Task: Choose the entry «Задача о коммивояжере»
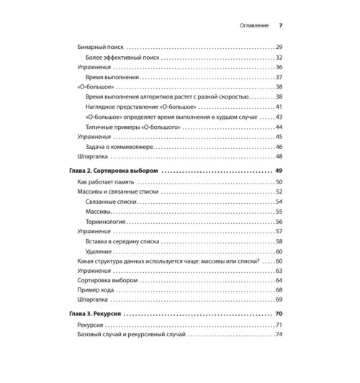coord(122,145)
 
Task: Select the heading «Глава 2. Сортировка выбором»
coord(114,171)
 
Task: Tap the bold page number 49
coord(279,171)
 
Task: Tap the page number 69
coord(279,299)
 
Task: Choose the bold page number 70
coord(279,315)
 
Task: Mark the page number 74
coord(279,335)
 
